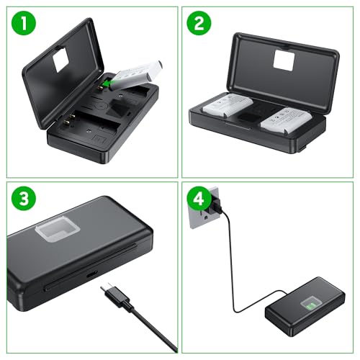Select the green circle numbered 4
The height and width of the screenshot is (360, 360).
point(197,199)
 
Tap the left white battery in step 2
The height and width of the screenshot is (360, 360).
point(228,106)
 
